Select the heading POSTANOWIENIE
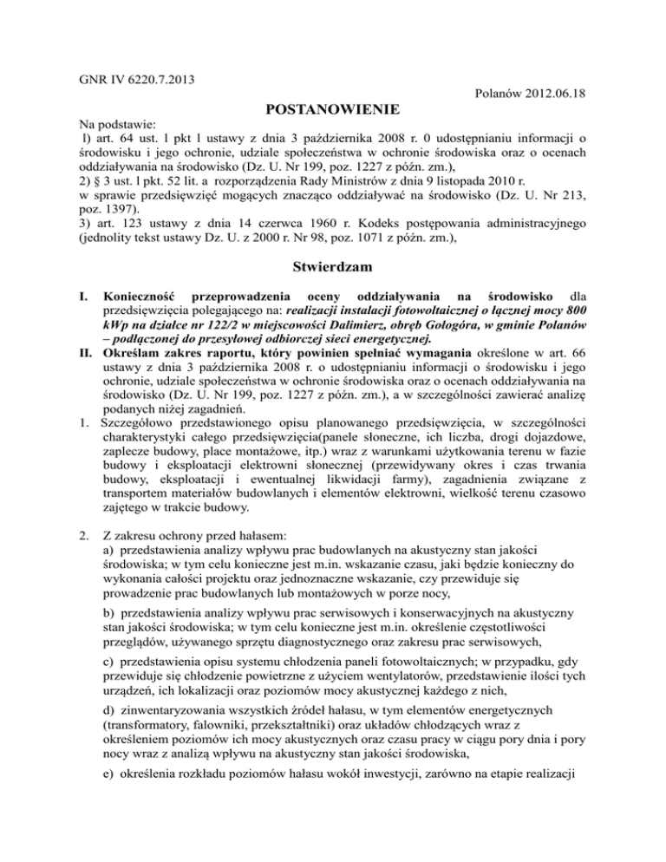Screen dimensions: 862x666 pyautogui.click(x=332, y=111)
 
